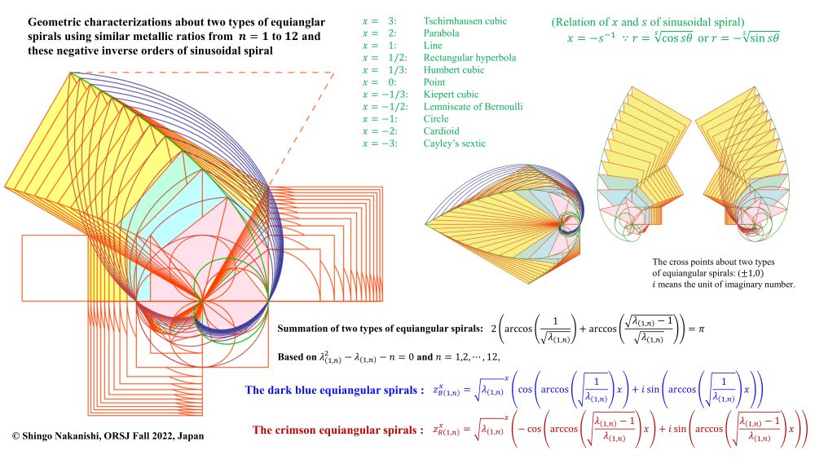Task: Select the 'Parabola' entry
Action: (x=442, y=33)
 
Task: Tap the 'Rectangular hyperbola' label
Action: (x=469, y=58)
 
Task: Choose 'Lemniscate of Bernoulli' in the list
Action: (x=473, y=107)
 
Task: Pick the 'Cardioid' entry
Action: (x=442, y=131)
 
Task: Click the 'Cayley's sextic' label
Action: (x=454, y=143)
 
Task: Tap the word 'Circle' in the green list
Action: (x=436, y=119)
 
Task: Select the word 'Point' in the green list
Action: (x=435, y=82)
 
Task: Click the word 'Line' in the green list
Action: (x=434, y=46)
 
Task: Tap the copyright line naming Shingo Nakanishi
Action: (x=108, y=436)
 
